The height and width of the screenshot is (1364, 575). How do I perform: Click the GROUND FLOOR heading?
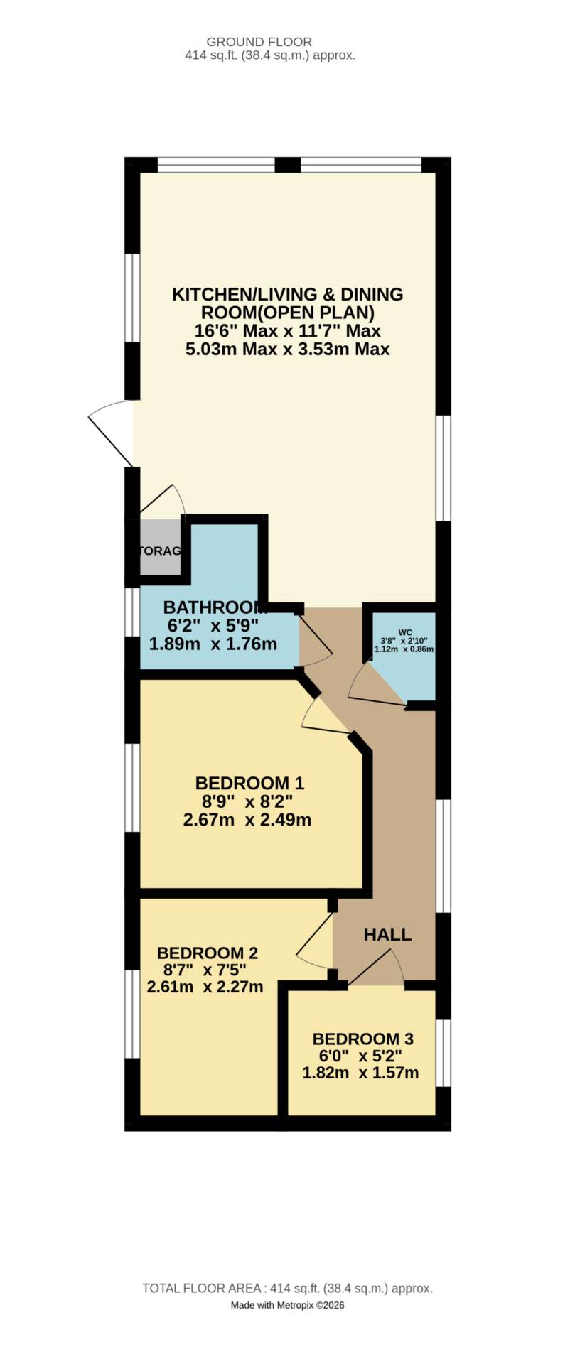click(x=259, y=42)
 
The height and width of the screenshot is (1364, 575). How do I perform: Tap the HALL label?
click(x=387, y=934)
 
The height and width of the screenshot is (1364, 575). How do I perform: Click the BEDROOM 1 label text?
click(x=249, y=783)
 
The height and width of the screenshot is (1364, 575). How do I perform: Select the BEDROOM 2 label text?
click(x=207, y=953)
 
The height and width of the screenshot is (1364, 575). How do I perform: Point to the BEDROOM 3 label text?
click(x=362, y=1039)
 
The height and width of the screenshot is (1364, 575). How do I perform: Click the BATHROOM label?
click(x=213, y=607)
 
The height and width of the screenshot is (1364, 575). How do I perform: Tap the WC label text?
click(x=405, y=632)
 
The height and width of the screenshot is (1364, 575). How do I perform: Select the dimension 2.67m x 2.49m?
click(x=247, y=820)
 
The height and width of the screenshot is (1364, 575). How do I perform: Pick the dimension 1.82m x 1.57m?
click(x=360, y=1073)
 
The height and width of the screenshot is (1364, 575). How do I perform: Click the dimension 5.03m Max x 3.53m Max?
click(x=287, y=350)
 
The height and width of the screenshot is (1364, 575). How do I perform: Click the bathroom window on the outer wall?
click(x=132, y=612)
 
